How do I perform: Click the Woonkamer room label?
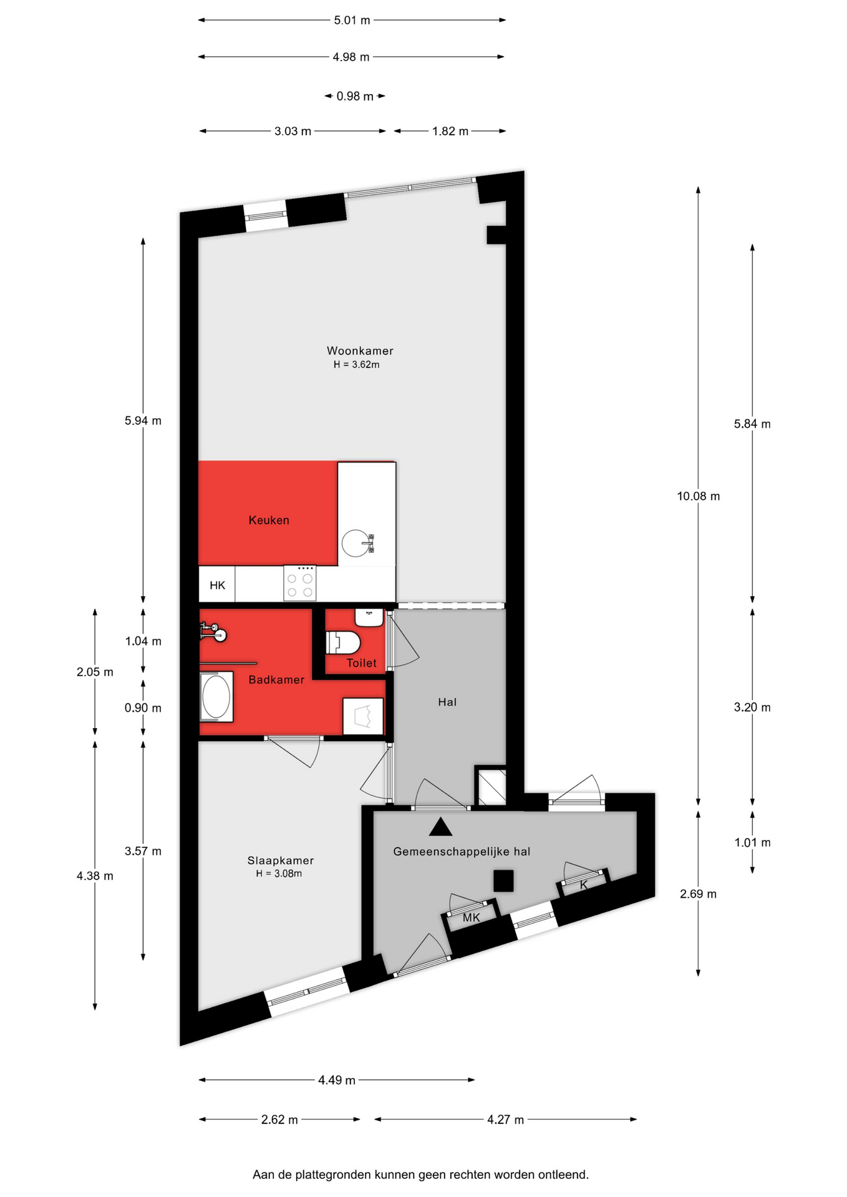click(x=360, y=351)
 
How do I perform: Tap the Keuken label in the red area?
click(x=269, y=520)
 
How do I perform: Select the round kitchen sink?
click(x=356, y=543)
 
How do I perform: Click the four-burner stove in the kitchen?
click(x=300, y=583)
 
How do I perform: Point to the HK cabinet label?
click(x=217, y=585)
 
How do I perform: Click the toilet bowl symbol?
click(x=343, y=643)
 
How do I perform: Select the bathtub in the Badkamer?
click(x=216, y=696)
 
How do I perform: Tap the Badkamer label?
click(x=276, y=680)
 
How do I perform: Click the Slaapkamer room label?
click(x=281, y=860)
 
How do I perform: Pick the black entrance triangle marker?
click(x=440, y=827)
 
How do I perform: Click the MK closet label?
click(x=472, y=918)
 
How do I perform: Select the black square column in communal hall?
click(x=503, y=881)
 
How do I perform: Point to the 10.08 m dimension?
click(x=699, y=496)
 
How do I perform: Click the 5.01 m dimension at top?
click(x=352, y=20)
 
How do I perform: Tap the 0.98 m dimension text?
click(x=355, y=97)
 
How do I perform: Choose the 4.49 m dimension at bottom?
click(x=337, y=1080)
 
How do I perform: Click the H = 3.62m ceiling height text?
click(x=356, y=365)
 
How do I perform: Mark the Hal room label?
click(x=447, y=702)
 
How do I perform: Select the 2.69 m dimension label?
click(x=699, y=894)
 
